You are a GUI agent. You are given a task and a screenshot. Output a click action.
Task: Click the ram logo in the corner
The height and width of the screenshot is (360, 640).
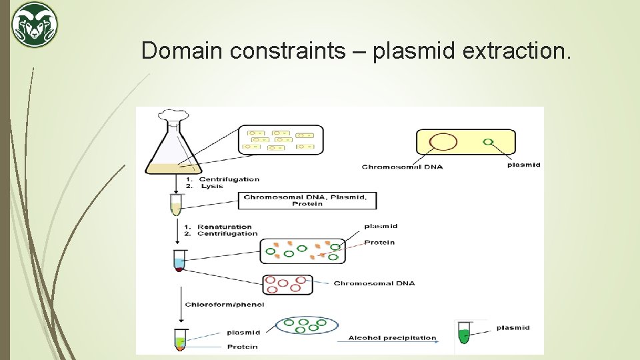click(x=35, y=25)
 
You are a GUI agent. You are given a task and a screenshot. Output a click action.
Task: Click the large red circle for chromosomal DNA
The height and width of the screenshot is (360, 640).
click(x=443, y=142)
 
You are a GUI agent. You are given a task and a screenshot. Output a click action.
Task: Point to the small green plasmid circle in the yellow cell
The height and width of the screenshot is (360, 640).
click(x=488, y=141)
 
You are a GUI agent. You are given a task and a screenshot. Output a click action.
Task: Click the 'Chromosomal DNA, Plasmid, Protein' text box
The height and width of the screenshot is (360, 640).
click(x=307, y=200)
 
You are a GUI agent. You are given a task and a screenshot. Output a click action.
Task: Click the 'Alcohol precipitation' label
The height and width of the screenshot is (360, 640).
click(x=392, y=338)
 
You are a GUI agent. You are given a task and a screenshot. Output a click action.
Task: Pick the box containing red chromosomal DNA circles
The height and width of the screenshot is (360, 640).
click(x=288, y=284)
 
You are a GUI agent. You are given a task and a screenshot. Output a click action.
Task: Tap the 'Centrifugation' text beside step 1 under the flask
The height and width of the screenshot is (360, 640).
click(x=229, y=179)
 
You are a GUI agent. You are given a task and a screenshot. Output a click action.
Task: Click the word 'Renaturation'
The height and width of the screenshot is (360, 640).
click(x=225, y=227)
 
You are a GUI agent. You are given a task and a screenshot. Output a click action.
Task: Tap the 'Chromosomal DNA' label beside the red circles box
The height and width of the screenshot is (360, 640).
click(x=374, y=283)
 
